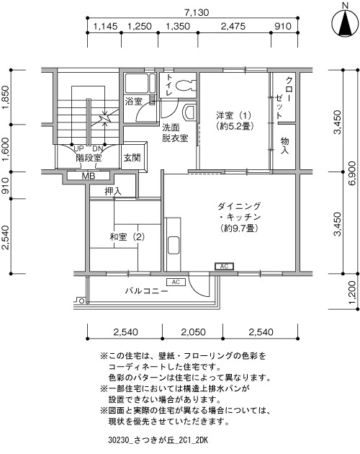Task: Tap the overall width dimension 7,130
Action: point(197,13)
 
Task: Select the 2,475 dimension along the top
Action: point(233,27)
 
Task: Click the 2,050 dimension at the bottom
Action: point(193,331)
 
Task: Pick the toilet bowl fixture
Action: point(184,85)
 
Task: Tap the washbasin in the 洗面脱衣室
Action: point(189,112)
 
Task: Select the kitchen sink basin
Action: point(173,246)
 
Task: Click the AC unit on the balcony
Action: point(176,282)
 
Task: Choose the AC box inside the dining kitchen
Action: point(224,266)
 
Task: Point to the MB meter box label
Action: point(89,176)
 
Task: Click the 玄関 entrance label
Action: point(132,158)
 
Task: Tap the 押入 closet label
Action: point(113,192)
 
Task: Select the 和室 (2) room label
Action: point(127,237)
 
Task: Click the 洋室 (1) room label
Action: point(233,115)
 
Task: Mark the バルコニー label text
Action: point(147,290)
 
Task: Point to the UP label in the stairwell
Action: point(78,149)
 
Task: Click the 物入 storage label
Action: point(284,146)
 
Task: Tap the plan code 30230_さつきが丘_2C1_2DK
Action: point(158,440)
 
